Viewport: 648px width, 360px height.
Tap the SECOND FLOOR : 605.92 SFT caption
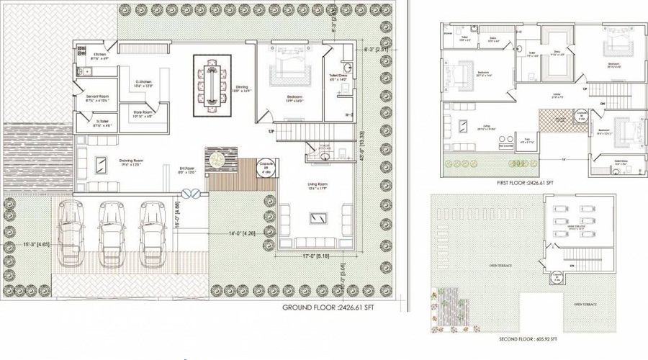coord(531,338)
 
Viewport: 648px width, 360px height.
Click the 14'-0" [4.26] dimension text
coord(243,233)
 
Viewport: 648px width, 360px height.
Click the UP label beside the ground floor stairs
coord(271,132)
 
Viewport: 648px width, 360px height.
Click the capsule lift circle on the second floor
coord(556,276)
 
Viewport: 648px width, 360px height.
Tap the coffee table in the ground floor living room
coord(315,217)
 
